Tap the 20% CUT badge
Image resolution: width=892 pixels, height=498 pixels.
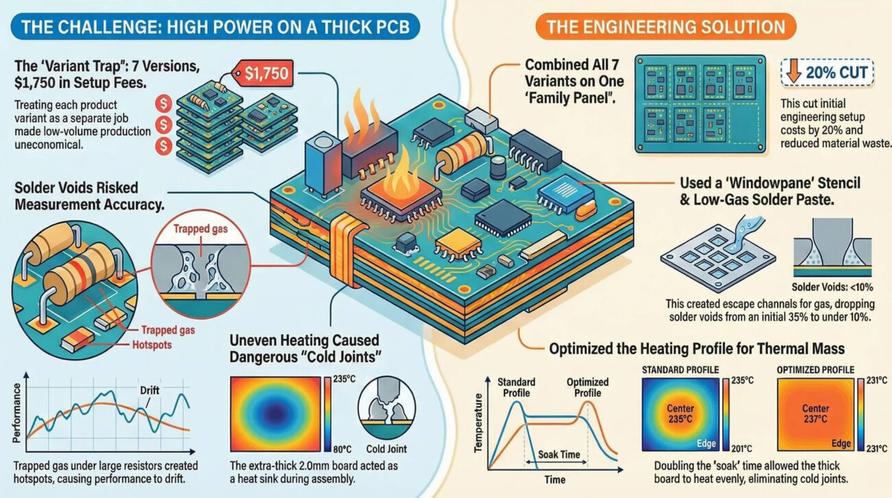coord(827,72)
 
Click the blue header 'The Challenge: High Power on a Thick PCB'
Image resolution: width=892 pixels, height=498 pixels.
coord(215,27)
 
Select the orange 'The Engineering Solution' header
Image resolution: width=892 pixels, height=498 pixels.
coord(666,27)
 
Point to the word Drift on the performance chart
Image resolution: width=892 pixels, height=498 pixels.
coord(150,390)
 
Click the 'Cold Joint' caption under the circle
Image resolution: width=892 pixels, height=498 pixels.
coord(386,449)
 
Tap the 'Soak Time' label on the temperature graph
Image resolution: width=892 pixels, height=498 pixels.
coord(559,454)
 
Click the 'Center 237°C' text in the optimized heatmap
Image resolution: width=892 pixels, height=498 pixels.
coord(815,414)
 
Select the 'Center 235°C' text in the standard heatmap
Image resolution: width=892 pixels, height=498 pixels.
coord(680,414)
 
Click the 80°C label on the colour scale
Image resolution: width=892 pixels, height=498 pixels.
coord(342,449)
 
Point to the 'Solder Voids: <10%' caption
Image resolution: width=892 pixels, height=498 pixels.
coord(832,287)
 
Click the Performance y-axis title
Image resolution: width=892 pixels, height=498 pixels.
coord(16,413)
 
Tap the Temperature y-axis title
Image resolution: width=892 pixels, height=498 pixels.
coord(478,423)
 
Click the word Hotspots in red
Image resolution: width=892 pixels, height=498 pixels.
coord(152,345)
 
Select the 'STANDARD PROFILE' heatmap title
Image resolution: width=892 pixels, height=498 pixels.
coord(680,370)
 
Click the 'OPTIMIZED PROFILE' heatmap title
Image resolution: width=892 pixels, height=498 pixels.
coord(816,370)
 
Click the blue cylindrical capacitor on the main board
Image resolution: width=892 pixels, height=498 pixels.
coord(322,165)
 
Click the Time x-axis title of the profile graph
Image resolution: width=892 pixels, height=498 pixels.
coord(554,479)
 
